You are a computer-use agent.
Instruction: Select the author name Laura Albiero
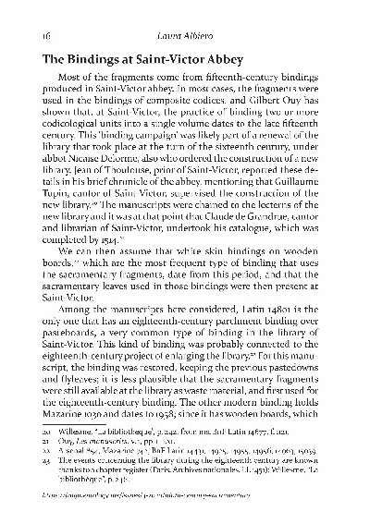[185, 34]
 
